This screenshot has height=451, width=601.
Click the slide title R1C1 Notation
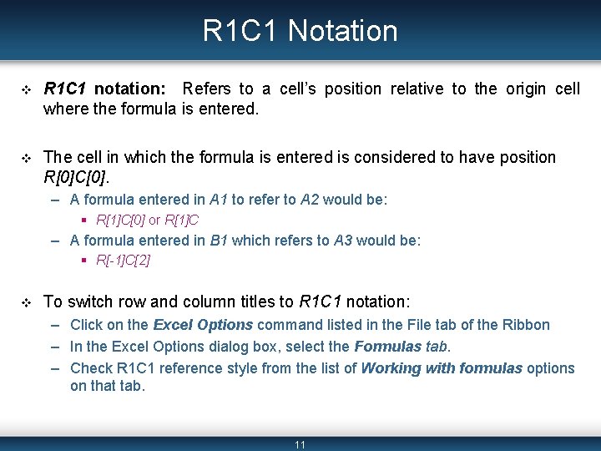300,31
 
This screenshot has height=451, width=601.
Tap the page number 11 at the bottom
300,444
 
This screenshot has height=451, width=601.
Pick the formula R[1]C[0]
120,220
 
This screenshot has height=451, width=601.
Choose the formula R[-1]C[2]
123,261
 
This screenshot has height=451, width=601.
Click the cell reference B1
220,241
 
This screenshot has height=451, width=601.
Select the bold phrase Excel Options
203,325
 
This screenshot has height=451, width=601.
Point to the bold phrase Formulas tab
402,347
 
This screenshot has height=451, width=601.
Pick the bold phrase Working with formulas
441,368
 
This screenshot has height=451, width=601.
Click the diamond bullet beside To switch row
25,302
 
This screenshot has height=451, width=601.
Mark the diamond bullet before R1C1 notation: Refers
25,89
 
